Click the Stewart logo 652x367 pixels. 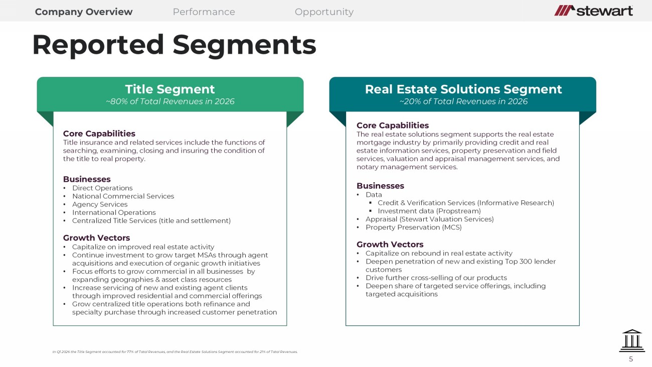(x=593, y=11)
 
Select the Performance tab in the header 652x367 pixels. (x=204, y=12)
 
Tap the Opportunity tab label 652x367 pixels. (x=324, y=12)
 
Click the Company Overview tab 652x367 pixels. (x=84, y=12)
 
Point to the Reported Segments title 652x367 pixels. (x=175, y=45)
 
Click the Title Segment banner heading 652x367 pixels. (x=170, y=89)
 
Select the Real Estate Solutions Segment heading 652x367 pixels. (x=463, y=89)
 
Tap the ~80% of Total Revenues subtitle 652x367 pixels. (x=170, y=101)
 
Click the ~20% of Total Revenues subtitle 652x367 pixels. (x=463, y=101)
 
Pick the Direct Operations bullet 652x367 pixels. (x=102, y=188)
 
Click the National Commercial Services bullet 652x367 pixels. (x=123, y=196)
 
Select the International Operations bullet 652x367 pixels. (x=114, y=212)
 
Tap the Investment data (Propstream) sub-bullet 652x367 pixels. (x=429, y=211)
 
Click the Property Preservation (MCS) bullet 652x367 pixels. (x=414, y=227)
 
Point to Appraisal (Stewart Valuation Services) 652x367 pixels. (x=430, y=219)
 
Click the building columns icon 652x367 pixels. (x=632, y=340)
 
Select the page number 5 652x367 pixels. (x=631, y=359)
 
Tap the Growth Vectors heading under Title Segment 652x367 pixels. (x=97, y=237)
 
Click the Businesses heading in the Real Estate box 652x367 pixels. (x=381, y=186)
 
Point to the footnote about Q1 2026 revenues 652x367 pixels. (x=175, y=352)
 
